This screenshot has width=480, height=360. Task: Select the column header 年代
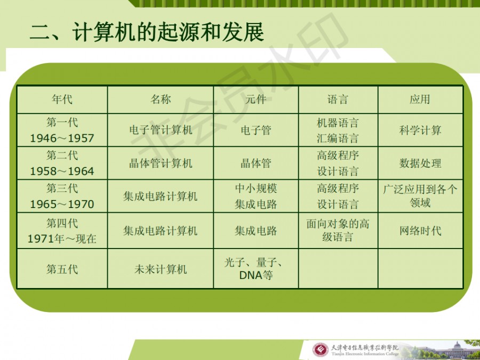tap(62, 99)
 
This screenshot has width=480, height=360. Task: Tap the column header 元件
tap(255, 99)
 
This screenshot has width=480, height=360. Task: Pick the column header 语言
tap(338, 99)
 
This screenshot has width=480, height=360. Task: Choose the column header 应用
tap(420, 99)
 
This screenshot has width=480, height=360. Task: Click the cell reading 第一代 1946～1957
tap(62, 130)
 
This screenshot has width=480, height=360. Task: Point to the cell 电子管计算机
tap(161, 130)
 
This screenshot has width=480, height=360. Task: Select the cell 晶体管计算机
tap(161, 163)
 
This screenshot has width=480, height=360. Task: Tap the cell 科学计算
tap(420, 131)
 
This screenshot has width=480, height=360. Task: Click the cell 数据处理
tap(420, 163)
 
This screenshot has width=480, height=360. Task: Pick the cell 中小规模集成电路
tap(255, 196)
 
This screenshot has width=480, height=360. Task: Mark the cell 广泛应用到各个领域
tap(420, 196)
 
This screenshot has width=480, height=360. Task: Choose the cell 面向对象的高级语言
tap(338, 230)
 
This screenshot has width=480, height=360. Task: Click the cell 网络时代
tap(420, 230)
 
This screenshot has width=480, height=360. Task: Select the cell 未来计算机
tap(161, 269)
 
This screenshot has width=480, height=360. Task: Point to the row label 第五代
tap(62, 269)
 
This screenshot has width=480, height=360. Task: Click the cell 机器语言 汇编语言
tap(338, 131)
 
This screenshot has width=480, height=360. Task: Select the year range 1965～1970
tap(62, 204)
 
